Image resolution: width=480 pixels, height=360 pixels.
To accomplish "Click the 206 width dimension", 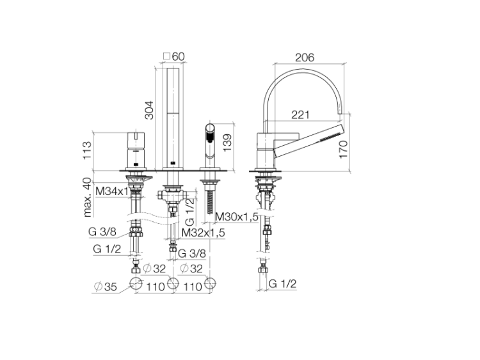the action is point(305,57).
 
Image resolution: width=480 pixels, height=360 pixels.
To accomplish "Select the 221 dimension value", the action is point(300,114).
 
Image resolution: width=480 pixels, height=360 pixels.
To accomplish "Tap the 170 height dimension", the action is point(344,149).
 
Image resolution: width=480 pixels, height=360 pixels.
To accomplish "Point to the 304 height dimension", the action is point(149,110).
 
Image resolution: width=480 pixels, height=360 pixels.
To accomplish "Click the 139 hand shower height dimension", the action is point(227,143).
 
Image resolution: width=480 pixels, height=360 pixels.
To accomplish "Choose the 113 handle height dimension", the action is point(87,150).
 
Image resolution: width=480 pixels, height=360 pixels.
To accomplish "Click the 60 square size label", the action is point(179,56).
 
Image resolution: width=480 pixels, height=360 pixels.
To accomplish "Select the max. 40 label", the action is point(88,198).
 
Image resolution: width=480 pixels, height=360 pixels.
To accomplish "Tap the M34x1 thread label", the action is point(112,191).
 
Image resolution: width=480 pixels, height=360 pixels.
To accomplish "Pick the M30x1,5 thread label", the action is point(237,217).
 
